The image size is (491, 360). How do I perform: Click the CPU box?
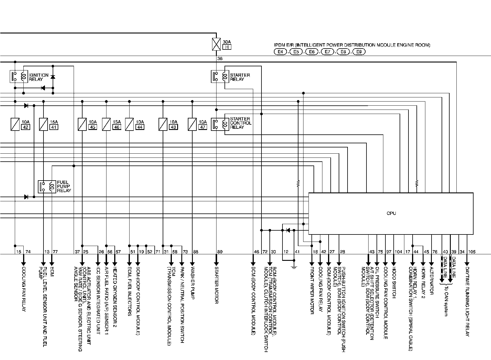pyautogui.click(x=391, y=213)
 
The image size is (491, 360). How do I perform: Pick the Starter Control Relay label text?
pyautogui.click(x=240, y=123)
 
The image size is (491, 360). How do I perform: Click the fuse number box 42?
pyautogui.click(x=25, y=127)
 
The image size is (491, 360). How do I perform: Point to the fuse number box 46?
pyautogui.click(x=117, y=127)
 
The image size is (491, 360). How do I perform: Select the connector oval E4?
pyautogui.click(x=280, y=52)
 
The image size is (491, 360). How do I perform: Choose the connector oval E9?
pyautogui.click(x=359, y=52)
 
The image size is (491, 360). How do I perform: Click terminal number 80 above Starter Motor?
pyautogui.click(x=219, y=252)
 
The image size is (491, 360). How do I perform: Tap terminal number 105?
pyautogui.click(x=472, y=252)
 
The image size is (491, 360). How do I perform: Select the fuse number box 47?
pyautogui.click(x=203, y=127)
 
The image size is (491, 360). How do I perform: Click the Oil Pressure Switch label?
pyautogui.click(x=377, y=293)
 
